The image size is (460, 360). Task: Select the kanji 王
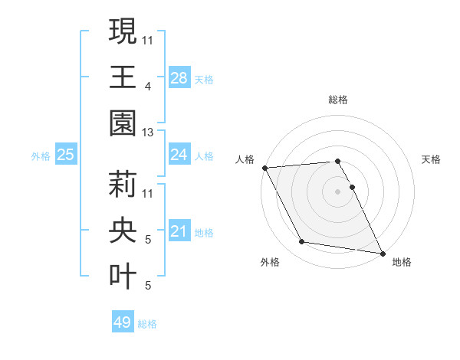tap(123, 77)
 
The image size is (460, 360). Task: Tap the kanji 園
tap(123, 123)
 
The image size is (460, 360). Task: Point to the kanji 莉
tap(123, 184)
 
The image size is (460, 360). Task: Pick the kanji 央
tap(123, 231)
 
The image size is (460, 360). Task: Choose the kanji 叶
tap(123, 277)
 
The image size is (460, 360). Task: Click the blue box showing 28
tap(179, 77)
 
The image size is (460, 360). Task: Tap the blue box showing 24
tap(179, 155)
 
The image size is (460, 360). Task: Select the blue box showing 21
tap(179, 231)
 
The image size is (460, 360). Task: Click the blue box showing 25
tap(65, 155)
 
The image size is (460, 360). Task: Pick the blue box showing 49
tap(122, 322)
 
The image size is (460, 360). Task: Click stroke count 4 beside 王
tap(147, 87)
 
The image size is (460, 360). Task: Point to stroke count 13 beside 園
tap(148, 133)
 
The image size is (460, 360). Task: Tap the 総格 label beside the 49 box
tap(147, 324)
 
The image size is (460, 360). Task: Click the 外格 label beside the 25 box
tap(41, 156)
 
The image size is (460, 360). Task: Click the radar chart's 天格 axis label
tap(432, 159)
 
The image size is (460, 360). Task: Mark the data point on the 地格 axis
tap(382, 253)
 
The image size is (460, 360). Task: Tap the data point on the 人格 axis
tap(264, 168)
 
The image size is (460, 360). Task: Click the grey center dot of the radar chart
tap(337, 191)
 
